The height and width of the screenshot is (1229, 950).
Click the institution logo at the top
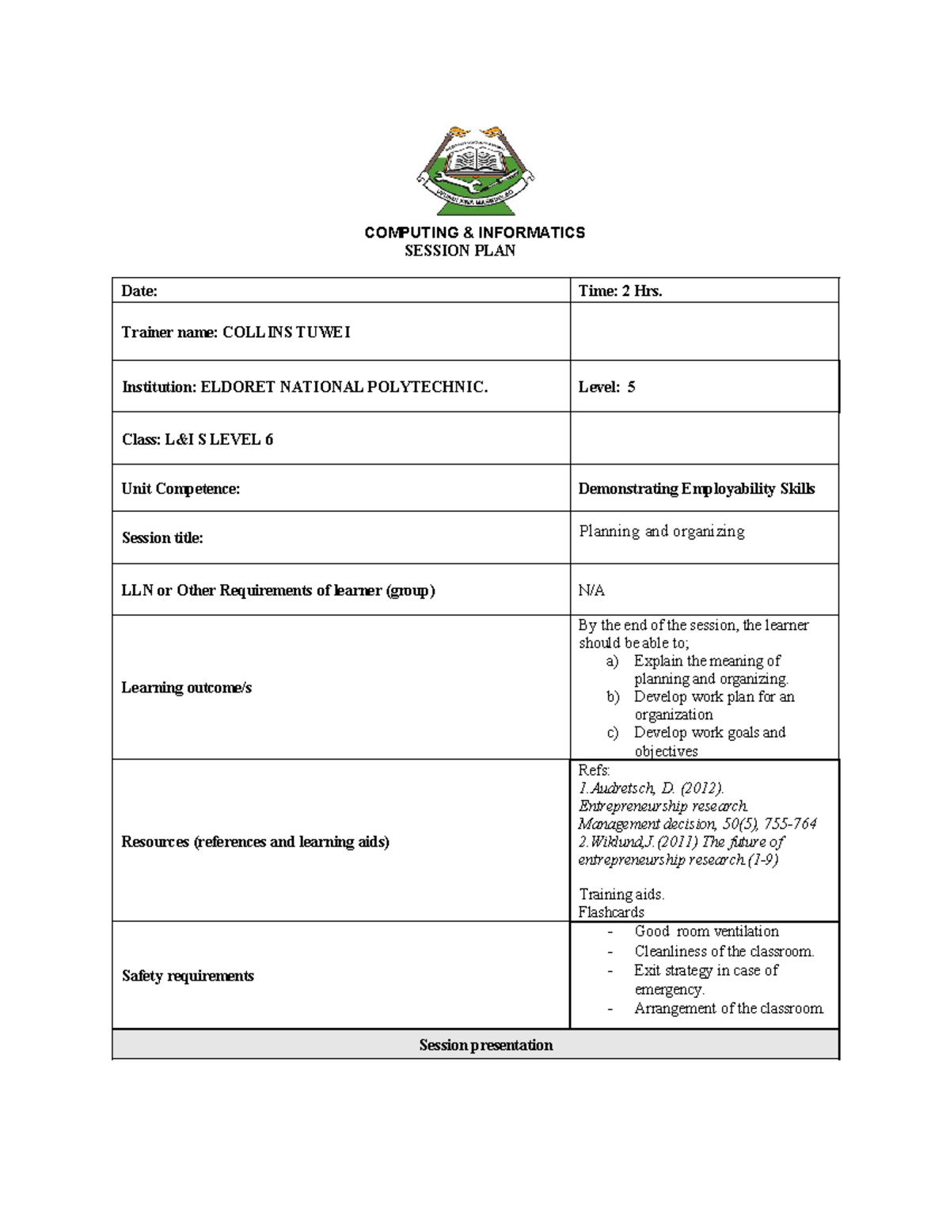point(475,170)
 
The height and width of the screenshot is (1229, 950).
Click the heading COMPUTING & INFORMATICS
point(474,233)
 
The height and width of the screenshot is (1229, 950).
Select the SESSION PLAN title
point(460,251)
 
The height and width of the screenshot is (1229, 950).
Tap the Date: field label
point(139,291)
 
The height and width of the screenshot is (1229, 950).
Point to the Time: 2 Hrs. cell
point(620,291)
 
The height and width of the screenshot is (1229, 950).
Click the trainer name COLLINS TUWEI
point(286,332)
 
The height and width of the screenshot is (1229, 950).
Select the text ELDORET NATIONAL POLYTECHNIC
point(344,387)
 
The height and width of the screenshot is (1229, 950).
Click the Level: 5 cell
point(606,387)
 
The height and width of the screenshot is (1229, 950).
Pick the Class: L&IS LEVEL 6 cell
point(197,439)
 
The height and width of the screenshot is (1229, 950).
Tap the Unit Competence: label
point(180,489)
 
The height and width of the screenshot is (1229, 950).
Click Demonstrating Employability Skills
point(696,489)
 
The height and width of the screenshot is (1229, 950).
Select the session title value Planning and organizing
point(661,531)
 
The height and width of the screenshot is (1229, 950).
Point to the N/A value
point(591,590)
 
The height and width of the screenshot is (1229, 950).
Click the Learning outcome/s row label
point(186,688)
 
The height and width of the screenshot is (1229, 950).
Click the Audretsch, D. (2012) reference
point(651,788)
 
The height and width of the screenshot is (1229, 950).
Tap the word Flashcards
point(611,912)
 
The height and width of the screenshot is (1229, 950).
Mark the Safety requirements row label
point(188,976)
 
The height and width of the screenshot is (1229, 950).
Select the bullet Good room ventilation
point(706,931)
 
